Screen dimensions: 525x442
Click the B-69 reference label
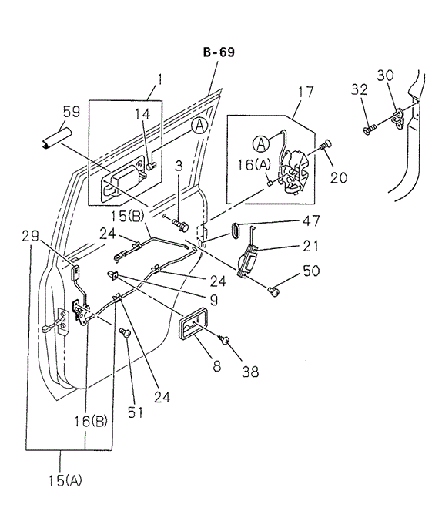click(x=219, y=52)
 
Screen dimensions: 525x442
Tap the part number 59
click(x=71, y=113)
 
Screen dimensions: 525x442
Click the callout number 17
click(x=305, y=92)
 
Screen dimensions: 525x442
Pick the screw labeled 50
click(x=273, y=290)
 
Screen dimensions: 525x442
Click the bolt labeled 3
click(x=181, y=226)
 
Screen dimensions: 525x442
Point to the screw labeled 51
click(x=126, y=332)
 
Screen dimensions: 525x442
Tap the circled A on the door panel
click(x=199, y=126)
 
